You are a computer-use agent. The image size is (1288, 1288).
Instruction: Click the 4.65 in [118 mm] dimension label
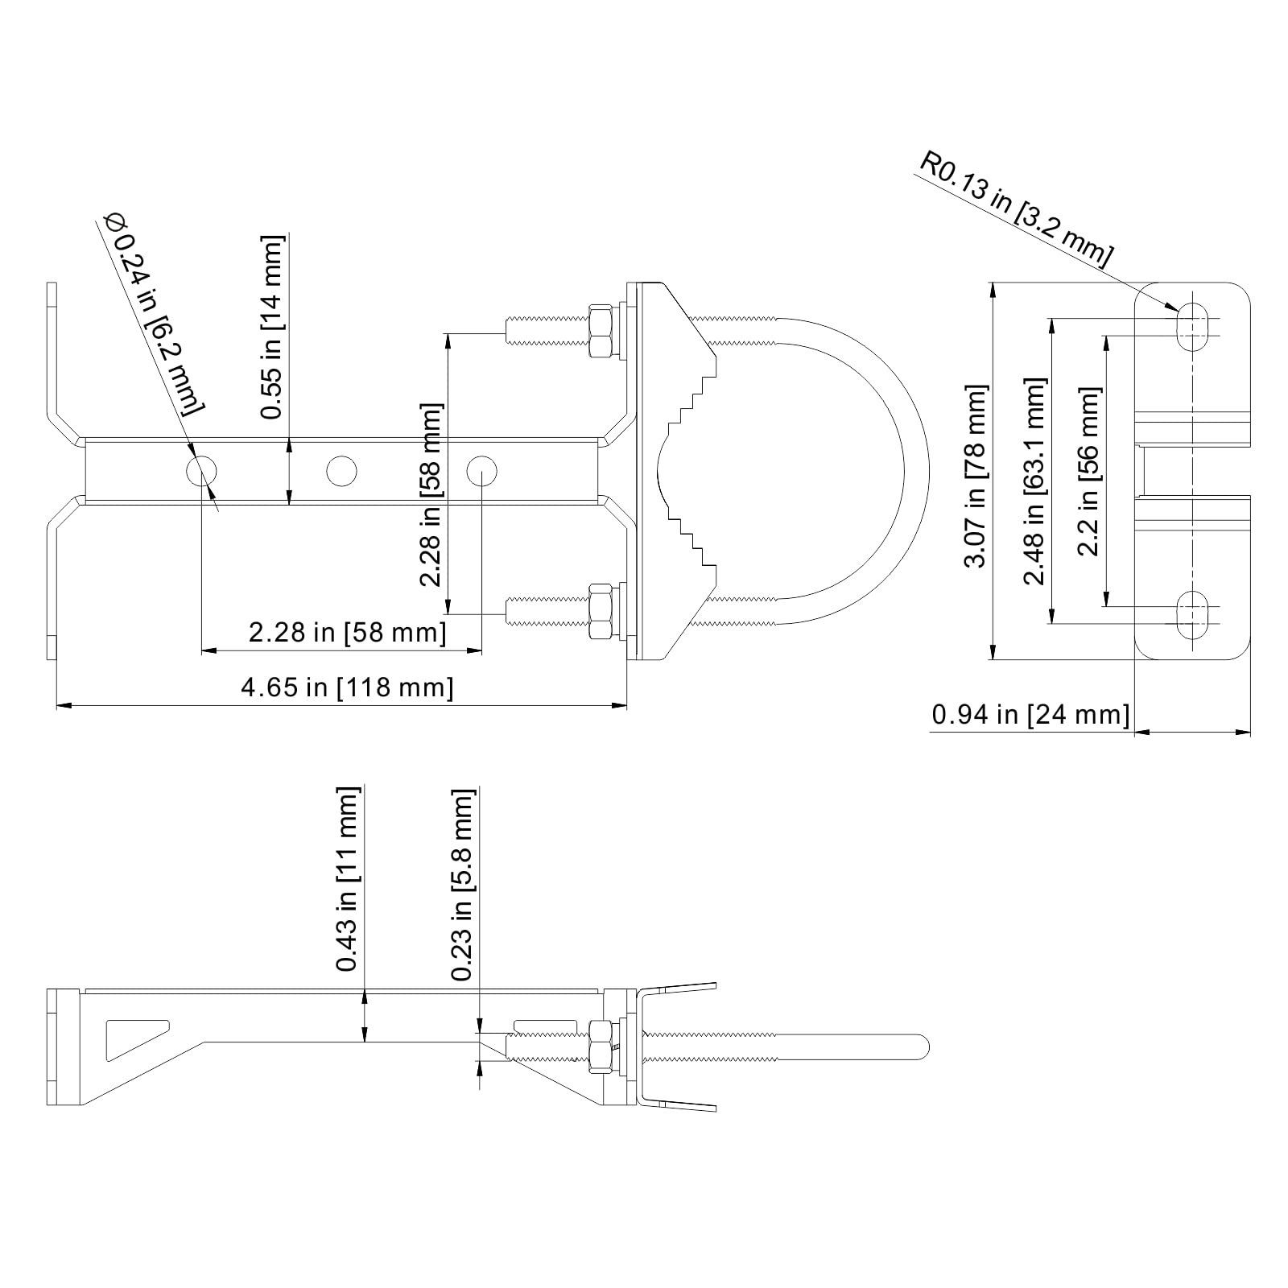(x=347, y=687)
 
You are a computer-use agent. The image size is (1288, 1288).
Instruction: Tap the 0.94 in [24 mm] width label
(x=1030, y=714)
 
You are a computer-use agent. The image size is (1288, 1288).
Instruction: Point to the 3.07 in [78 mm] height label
(x=976, y=476)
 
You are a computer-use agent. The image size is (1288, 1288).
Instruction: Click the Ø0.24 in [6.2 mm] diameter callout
(x=153, y=314)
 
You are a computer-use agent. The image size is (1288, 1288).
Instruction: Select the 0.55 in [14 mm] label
(x=273, y=326)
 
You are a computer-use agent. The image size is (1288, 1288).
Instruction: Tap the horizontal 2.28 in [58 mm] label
(x=347, y=632)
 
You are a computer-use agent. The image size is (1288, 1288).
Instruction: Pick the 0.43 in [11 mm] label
(x=348, y=879)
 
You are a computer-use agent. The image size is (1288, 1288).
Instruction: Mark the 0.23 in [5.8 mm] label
(x=463, y=884)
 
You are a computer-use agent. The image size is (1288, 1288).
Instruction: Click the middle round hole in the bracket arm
(x=341, y=471)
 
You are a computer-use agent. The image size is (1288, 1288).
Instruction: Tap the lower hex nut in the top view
(x=601, y=612)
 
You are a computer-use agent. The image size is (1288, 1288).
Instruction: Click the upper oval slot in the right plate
(x=1192, y=326)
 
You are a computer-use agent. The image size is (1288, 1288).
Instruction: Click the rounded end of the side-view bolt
(x=923, y=1046)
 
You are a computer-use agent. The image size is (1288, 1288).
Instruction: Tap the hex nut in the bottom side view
(x=601, y=1046)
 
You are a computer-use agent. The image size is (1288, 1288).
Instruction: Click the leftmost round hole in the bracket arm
(x=201, y=471)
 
